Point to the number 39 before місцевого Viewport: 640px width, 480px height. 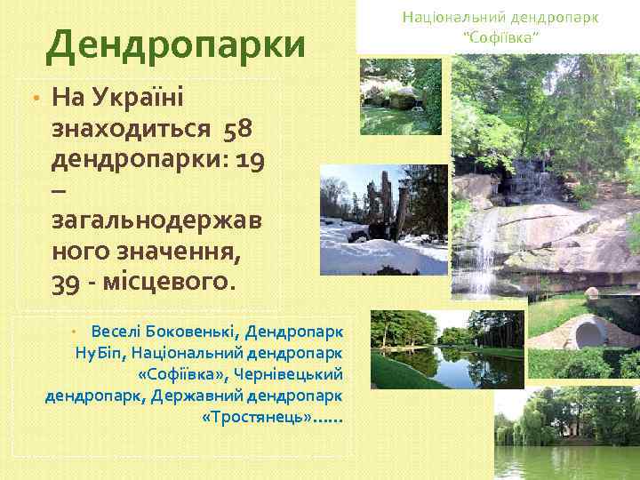click(68, 283)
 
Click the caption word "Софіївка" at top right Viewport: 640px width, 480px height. click(500, 36)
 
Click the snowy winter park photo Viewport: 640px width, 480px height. click(384, 218)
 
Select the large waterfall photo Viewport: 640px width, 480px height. click(545, 178)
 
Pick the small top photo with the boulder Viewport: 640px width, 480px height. click(400, 96)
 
